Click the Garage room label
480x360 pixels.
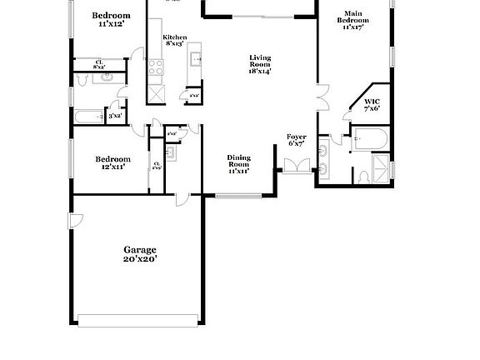(140, 254)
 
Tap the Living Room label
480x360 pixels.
(260, 64)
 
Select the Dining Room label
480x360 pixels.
(238, 163)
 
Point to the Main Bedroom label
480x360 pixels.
(355, 20)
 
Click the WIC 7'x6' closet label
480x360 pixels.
(372, 104)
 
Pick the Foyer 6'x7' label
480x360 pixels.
(297, 139)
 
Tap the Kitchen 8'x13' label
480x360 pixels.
(174, 41)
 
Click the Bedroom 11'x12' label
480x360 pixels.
(111, 20)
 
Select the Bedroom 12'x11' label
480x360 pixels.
(112, 162)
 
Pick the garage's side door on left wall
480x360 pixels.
(76, 221)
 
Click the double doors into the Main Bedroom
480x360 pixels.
(323, 97)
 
